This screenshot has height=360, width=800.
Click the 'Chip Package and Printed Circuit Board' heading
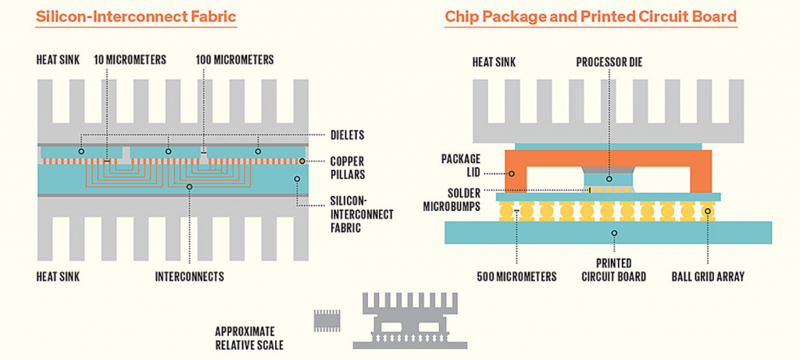pos(591,16)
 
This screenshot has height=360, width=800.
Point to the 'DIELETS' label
pos(347,135)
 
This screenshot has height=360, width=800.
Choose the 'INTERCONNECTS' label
pos(189,276)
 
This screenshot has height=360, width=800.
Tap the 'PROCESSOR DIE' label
pos(609,62)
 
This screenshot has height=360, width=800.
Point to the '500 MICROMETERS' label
pos(517,276)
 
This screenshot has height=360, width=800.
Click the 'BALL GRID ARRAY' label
pos(709,276)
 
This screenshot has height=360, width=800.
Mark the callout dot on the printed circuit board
pos(614,232)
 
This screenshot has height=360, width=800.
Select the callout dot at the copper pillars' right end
pos(302,161)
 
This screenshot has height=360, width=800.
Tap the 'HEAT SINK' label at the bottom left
pos(58,276)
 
